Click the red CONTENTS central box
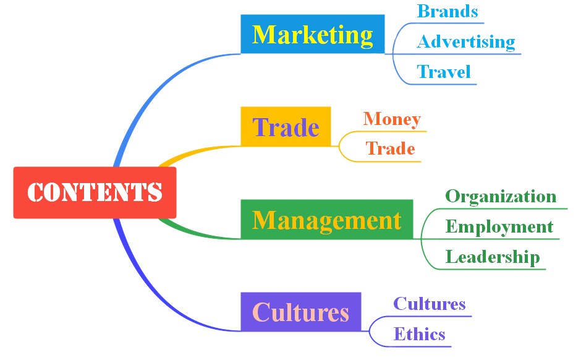point(95,192)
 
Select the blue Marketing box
point(312,34)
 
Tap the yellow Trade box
point(286,127)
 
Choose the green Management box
point(326,220)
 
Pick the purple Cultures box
point(300,312)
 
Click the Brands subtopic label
point(447,11)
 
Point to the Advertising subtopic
point(466,42)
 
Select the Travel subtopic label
point(444,72)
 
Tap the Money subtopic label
point(392,119)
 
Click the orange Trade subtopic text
point(390,148)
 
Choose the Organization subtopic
point(501,197)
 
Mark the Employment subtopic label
point(499,226)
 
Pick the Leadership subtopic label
point(493,257)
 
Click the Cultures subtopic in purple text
point(430,304)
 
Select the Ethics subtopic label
point(419,334)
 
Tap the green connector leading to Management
point(198,233)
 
